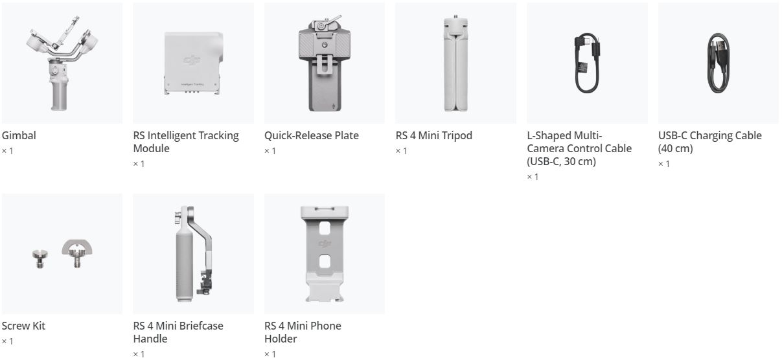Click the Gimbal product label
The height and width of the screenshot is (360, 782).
tap(19, 135)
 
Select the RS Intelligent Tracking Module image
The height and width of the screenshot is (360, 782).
tap(194, 63)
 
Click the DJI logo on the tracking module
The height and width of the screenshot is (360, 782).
tap(192, 60)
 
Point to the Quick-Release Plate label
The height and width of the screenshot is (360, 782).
tap(312, 135)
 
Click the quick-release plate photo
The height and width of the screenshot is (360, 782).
tap(325, 63)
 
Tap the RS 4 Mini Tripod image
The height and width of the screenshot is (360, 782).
tap(455, 63)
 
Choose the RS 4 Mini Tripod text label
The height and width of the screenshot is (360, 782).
tap(433, 135)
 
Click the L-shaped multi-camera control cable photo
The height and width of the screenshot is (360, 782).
tap(587, 63)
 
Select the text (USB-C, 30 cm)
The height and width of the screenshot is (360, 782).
tap(561, 161)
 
